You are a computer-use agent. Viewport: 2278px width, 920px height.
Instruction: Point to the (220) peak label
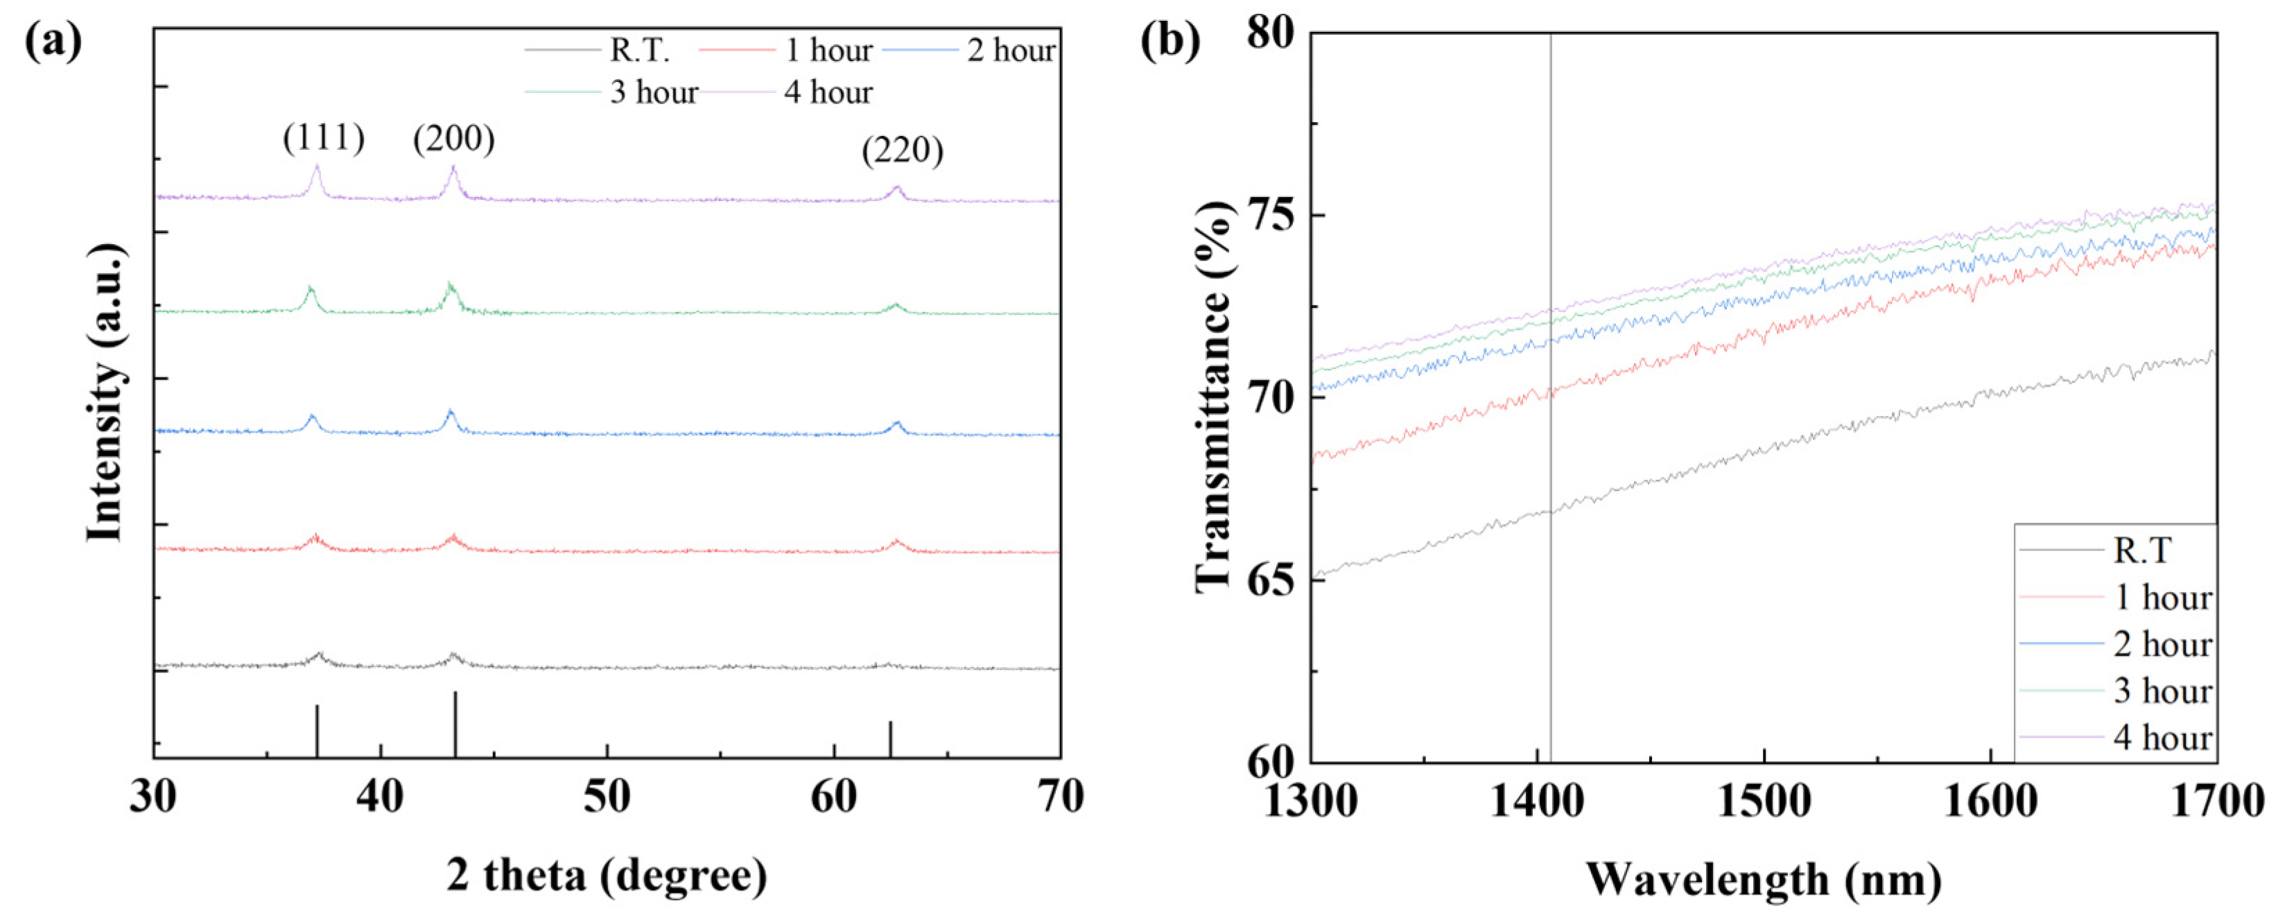[902, 151]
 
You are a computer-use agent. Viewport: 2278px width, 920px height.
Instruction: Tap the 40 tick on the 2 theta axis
[381, 797]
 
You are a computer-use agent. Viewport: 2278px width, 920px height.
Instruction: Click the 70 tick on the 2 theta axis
[1059, 797]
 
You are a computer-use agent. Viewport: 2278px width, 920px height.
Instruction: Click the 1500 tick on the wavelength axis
[1764, 801]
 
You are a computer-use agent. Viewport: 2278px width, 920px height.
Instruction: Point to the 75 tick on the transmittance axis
[1270, 216]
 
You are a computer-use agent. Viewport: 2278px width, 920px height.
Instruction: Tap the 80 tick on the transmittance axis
[1270, 33]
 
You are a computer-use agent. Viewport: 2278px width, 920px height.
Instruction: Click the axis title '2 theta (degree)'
[607, 876]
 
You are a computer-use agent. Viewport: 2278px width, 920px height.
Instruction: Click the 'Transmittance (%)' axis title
[1214, 397]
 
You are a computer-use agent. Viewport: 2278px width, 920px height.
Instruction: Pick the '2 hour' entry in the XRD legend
[1011, 51]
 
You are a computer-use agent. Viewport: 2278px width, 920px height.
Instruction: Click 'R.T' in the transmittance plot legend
[2141, 551]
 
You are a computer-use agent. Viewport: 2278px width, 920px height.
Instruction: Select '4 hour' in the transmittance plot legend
[2162, 737]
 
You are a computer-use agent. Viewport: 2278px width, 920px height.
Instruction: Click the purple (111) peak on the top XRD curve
[317, 168]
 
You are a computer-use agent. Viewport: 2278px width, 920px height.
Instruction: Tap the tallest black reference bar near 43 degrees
[455, 724]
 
